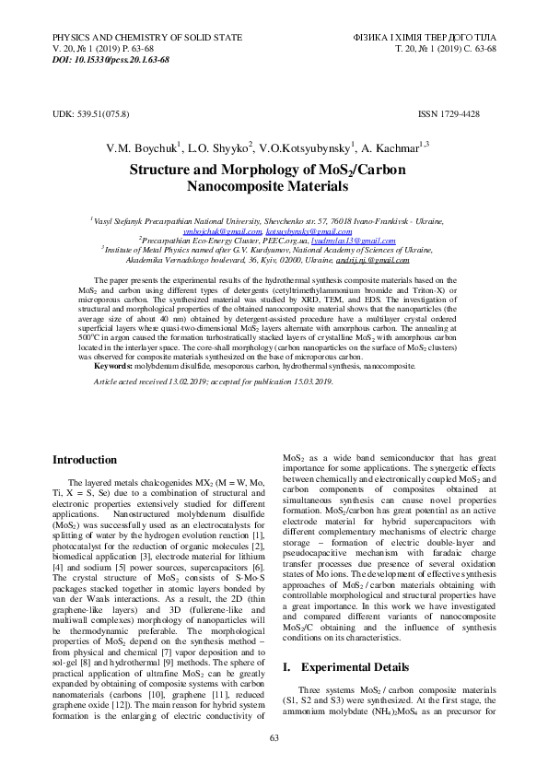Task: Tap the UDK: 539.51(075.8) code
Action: point(90,113)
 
